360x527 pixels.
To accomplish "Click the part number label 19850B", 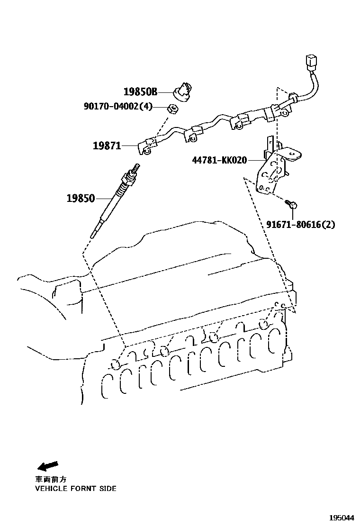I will (140, 92).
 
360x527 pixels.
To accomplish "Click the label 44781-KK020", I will (219, 160).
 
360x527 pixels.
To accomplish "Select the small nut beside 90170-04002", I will (174, 109).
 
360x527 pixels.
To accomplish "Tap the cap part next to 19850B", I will (183, 91).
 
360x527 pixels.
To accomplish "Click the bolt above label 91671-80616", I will (292, 205).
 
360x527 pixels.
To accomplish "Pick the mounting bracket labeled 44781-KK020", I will (272, 166).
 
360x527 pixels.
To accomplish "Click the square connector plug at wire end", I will (312, 63).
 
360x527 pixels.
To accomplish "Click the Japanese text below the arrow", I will (53, 479).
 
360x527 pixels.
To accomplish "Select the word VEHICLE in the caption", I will (50, 488).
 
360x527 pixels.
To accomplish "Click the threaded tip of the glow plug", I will (138, 167).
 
